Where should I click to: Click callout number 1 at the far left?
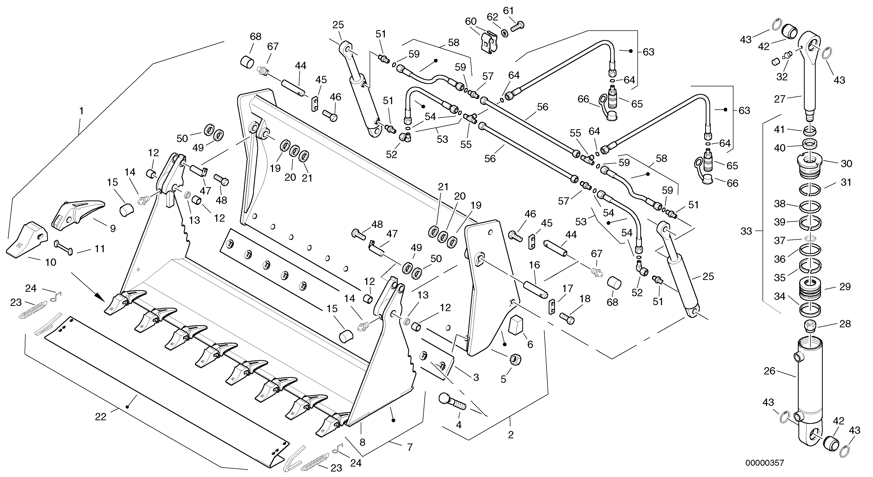tap(81, 111)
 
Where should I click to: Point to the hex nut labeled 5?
tap(515, 359)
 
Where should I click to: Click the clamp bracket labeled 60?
tap(490, 41)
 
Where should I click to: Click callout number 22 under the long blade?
tap(101, 417)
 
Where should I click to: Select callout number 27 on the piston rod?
tap(780, 99)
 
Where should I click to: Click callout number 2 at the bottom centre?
tap(510, 435)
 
